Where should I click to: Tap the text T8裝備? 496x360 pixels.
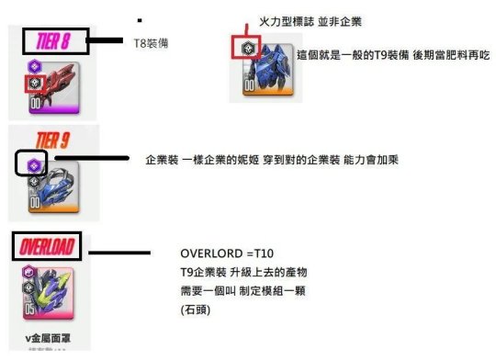[x=151, y=42]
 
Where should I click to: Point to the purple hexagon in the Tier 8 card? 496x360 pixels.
[x=34, y=66]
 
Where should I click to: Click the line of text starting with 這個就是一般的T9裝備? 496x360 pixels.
[x=393, y=55]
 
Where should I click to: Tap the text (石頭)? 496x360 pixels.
[x=197, y=309]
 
